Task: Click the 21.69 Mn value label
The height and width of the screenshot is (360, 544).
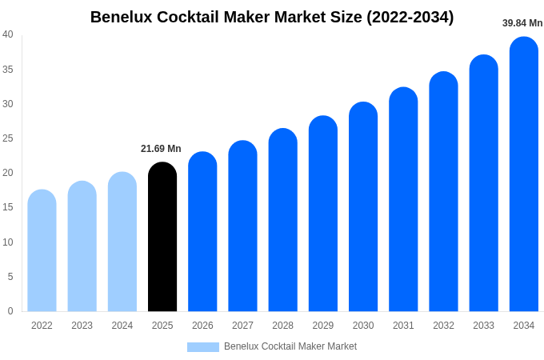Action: pos(161,149)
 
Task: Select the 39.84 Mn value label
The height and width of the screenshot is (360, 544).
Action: pos(522,23)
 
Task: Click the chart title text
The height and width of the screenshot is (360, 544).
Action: pos(272,17)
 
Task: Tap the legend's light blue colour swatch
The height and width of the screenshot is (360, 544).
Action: pos(203,347)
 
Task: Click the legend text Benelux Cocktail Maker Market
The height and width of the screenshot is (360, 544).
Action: pos(290,346)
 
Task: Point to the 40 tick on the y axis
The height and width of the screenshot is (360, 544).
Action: pos(8,34)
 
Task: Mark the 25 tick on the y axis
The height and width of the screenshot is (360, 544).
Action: pos(8,138)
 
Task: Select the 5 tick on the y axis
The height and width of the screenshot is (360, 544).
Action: pos(10,277)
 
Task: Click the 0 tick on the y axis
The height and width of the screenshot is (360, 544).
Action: pos(10,311)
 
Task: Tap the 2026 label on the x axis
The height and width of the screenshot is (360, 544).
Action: pos(202,326)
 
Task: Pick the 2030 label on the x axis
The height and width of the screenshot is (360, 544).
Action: pos(363,326)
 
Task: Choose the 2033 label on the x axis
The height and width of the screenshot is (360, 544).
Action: pos(483,326)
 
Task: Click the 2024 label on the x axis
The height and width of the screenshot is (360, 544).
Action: pos(122,326)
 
